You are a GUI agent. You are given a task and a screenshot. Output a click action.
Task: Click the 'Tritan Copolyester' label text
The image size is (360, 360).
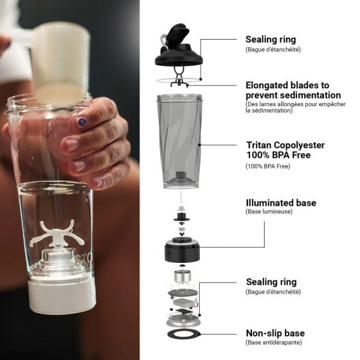point(286,146)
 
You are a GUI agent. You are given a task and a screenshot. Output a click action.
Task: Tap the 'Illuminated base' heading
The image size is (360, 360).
point(281,203)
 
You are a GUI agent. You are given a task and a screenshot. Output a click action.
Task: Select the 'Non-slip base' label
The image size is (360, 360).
point(275,333)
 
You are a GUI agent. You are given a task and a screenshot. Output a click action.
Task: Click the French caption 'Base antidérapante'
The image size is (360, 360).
point(274,343)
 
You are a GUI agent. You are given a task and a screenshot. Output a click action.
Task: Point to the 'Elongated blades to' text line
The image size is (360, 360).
point(287,85)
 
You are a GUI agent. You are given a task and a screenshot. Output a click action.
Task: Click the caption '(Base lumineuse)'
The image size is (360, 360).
point(269,211)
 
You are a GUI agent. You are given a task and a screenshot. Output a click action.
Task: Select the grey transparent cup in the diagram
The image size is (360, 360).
point(179,141)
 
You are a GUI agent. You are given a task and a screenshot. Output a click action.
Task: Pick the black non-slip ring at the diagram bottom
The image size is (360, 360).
point(184,335)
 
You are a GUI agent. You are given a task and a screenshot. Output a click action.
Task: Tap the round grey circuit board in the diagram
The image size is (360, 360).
point(183,293)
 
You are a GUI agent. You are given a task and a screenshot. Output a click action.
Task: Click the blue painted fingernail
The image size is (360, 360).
point(81,121)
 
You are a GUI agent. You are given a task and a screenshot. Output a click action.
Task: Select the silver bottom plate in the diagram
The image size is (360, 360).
point(183,320)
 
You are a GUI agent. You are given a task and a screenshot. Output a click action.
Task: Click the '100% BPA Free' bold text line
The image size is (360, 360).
point(278,155)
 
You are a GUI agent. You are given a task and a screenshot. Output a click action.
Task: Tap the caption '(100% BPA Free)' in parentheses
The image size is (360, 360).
point(268,166)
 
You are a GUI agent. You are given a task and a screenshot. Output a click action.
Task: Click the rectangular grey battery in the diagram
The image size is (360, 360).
point(183,303)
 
